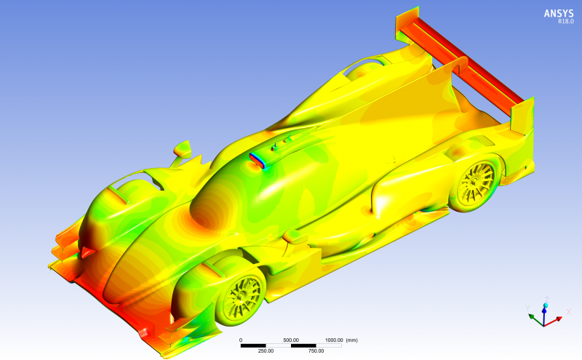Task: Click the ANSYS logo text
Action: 559,13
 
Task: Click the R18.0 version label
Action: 566,22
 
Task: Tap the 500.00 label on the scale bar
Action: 291,340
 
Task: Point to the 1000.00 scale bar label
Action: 334,340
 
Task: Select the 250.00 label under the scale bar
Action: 266,351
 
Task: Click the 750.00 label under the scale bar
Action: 316,351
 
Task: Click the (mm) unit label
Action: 352,340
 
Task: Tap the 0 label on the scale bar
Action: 241,340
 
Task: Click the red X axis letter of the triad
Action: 568,312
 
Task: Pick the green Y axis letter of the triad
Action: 527,308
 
